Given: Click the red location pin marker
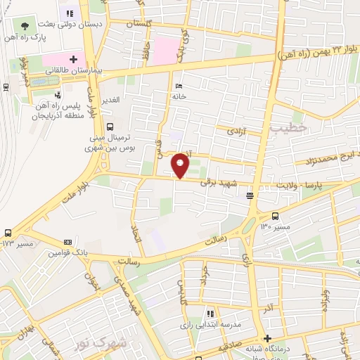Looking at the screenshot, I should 181,166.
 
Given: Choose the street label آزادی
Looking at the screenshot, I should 234,131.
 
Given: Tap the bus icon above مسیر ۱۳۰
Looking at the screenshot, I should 275,216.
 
